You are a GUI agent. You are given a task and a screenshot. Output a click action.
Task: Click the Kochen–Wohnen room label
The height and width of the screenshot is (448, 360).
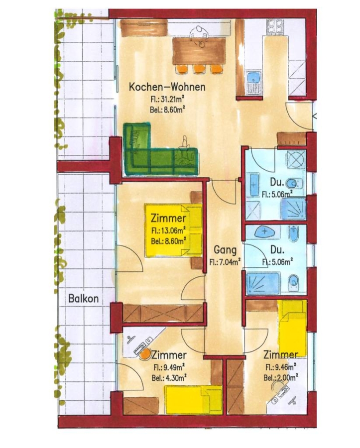pos(167,87)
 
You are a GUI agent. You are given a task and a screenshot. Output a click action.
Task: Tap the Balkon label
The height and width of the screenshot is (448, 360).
pos(84,299)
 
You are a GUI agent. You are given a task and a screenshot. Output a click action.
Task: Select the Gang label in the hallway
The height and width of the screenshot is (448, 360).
pos(225,250)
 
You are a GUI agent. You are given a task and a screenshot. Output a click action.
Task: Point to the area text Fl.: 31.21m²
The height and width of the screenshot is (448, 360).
pos(167,99)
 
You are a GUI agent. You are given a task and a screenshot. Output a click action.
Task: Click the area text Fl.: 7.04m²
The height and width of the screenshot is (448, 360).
pos(225,262)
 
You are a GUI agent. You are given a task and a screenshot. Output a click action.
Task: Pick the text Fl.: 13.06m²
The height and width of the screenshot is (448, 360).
pos(169,230)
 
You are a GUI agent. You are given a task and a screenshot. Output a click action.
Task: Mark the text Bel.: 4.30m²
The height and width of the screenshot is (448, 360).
pos(169,378)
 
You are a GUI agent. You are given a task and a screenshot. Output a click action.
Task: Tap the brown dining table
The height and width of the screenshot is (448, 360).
pos(199,51)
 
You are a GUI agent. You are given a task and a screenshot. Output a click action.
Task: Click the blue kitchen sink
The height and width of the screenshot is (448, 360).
pos(253,77)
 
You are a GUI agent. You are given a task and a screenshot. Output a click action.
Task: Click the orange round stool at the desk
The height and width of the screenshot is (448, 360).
pos(145,354)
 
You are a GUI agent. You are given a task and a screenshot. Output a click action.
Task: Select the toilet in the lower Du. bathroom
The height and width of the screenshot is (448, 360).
pos(294,281)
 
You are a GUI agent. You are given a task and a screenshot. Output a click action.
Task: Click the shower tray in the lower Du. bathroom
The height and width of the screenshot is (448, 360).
pos(263,283)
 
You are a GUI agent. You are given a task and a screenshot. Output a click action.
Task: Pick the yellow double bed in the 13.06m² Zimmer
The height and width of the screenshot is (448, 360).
pos(173,230)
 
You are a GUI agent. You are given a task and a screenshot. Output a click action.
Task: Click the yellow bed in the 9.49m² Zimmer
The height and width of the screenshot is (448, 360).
pos(193,399)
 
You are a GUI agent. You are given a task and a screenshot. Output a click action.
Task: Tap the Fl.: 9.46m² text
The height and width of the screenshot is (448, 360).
pos(280,367)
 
